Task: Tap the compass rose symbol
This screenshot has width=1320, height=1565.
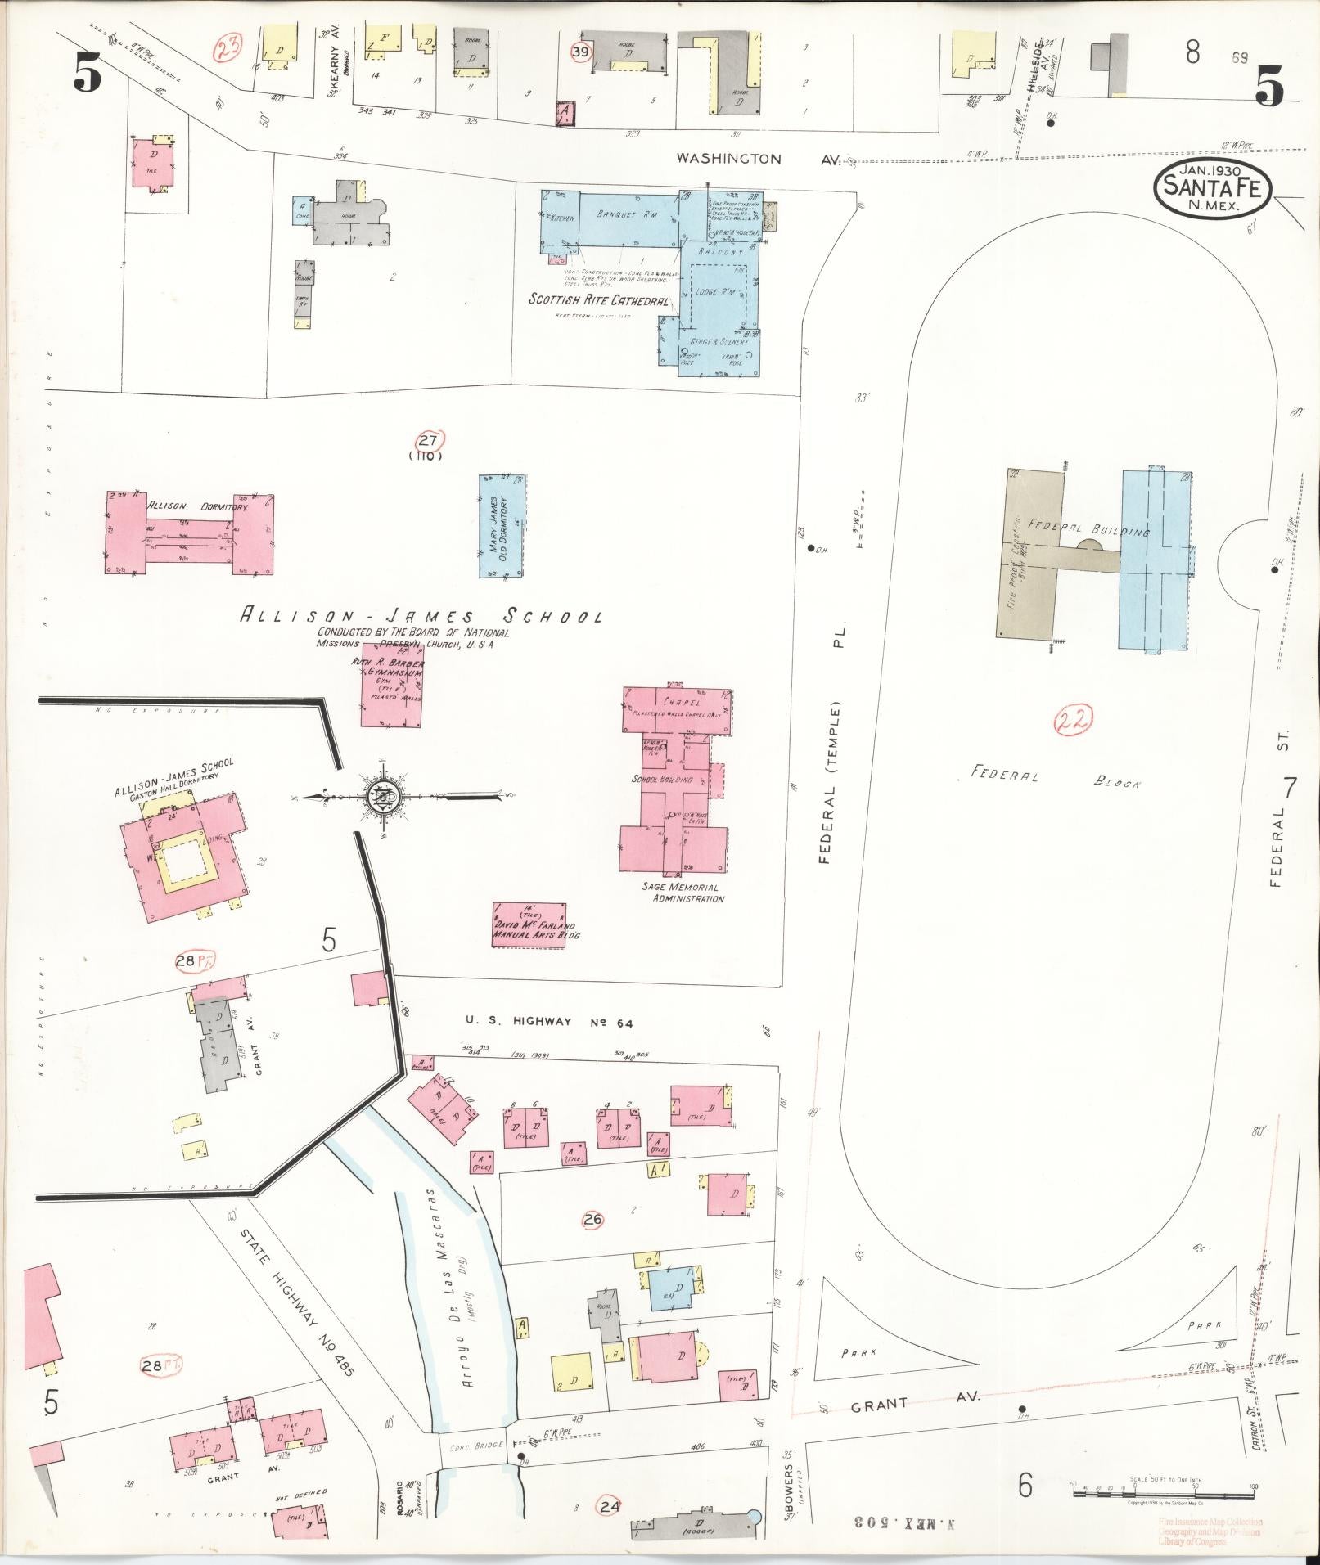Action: (381, 796)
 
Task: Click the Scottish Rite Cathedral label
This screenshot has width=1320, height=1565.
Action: (598, 299)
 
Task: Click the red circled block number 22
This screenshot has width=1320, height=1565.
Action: (1072, 720)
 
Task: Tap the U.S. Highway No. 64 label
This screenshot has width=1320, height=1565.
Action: (549, 1022)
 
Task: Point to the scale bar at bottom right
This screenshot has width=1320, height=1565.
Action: (1162, 1491)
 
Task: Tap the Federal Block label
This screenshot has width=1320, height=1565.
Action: (1055, 778)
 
